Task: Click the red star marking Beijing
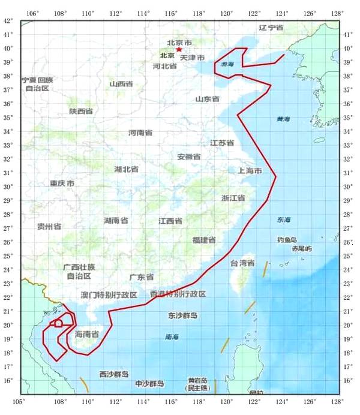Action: [x=179, y=49]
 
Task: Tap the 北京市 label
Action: [x=179, y=43]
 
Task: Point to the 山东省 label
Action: [x=207, y=99]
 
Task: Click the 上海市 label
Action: [x=250, y=171]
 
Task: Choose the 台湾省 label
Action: [x=242, y=263]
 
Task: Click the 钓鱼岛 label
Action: [x=287, y=240]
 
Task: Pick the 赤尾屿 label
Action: [x=302, y=248]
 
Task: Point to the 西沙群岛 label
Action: [x=114, y=374]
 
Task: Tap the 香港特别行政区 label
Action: [x=178, y=294]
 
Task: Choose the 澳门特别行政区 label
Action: [x=109, y=295]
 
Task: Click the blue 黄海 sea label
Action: [x=283, y=120]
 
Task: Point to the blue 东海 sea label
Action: [x=284, y=220]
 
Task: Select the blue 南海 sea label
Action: [x=172, y=338]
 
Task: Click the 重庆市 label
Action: [x=62, y=183]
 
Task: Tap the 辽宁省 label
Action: [x=271, y=28]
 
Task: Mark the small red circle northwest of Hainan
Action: [x=58, y=324]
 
